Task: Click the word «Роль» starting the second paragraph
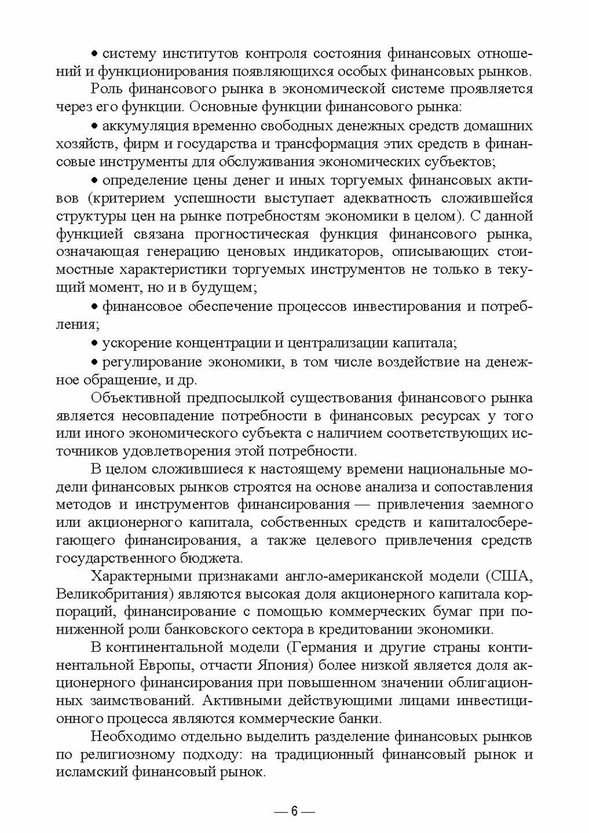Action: pyautogui.click(x=106, y=89)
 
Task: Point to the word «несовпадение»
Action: pyautogui.click(x=159, y=415)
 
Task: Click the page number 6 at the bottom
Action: pyautogui.click(x=294, y=812)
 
